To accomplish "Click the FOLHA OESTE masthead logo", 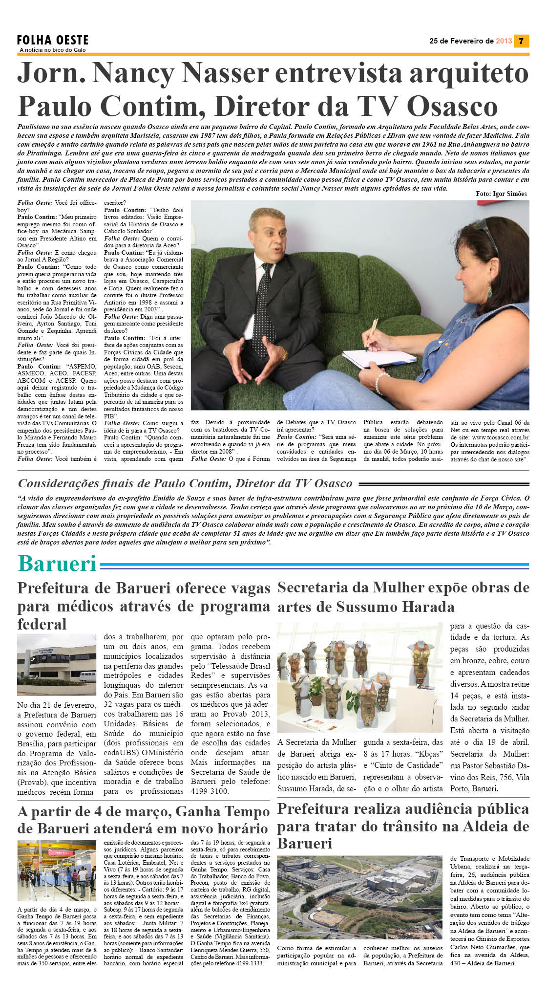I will click(53, 40).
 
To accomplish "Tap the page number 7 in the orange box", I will click(521, 41).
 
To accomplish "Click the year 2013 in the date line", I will click(504, 41).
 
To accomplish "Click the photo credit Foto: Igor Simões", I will click(501, 194).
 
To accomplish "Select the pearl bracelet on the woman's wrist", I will click(381, 384).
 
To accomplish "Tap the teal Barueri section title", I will click(57, 564).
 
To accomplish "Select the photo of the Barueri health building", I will click(57, 664).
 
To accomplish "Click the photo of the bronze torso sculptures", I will click(360, 677).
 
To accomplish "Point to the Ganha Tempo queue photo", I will click(57, 870).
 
